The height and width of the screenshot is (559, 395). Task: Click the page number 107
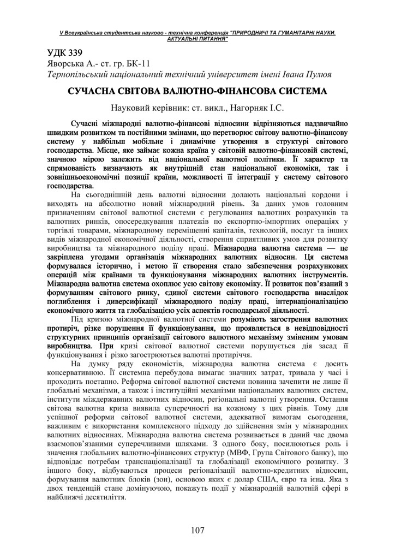[197, 530]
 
